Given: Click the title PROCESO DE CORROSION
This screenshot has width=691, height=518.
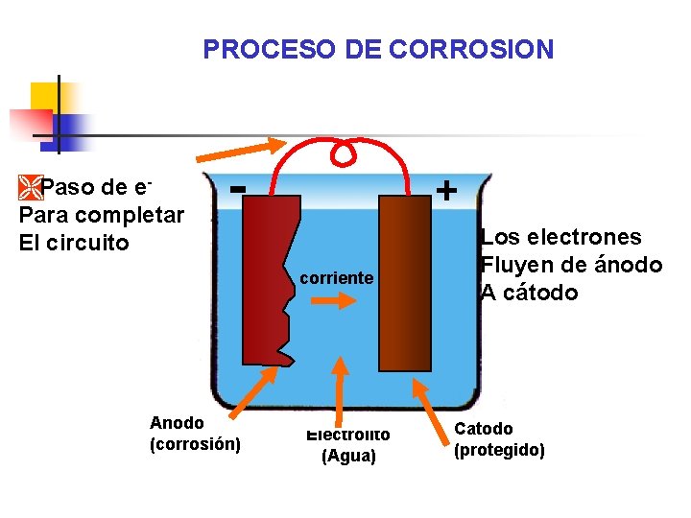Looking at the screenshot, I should coord(378,49).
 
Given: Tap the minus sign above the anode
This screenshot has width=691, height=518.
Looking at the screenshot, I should coord(241,186).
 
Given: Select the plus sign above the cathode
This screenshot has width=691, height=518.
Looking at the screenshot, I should coord(445,190).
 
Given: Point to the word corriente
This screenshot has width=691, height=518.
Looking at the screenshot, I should coord(336,278).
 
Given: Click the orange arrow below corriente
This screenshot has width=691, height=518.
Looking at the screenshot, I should coord(334,300).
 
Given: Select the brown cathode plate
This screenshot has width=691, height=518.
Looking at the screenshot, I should coord(404,283).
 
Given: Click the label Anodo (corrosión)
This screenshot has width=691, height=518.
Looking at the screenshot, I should coord(195,434).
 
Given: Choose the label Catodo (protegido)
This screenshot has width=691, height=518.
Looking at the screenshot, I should coord(499,439).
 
